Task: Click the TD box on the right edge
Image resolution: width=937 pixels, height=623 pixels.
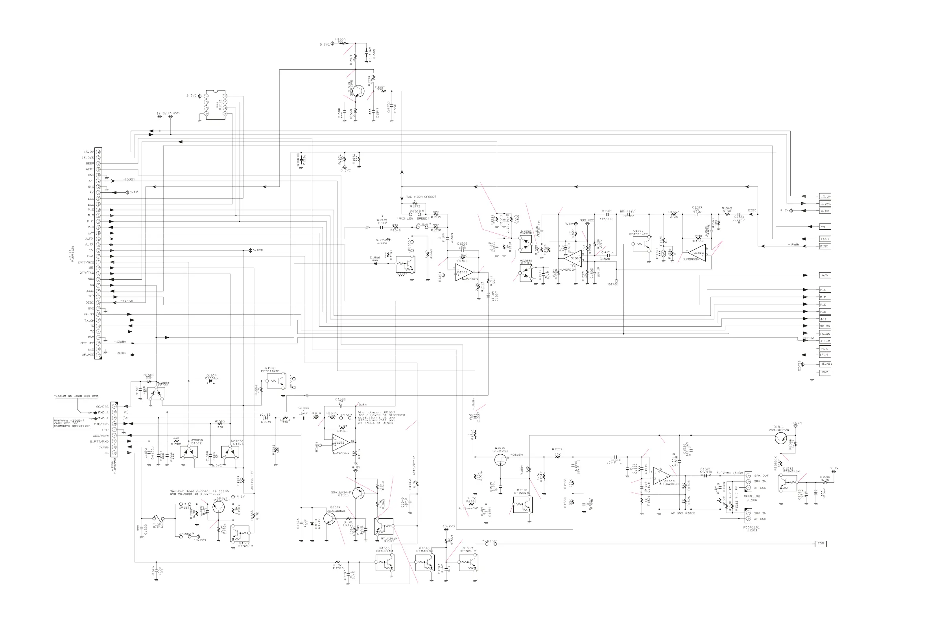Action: click(824, 227)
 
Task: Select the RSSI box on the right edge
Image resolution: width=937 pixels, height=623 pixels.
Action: click(824, 239)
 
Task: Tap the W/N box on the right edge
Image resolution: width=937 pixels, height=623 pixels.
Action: click(824, 275)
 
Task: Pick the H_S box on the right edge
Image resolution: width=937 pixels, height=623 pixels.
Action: click(824, 348)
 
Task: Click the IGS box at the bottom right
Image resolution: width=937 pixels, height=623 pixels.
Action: click(820, 544)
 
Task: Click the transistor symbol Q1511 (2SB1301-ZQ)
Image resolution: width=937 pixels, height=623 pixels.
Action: click(781, 438)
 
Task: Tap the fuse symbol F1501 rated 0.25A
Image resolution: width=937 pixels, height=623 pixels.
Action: click(159, 518)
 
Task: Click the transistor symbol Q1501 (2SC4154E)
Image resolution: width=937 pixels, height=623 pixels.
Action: click(218, 507)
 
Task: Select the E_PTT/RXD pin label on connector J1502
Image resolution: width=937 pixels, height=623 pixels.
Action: click(100, 441)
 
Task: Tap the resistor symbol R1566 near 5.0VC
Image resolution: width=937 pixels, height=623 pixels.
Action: click(344, 43)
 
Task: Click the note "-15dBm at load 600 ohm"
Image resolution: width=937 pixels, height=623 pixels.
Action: click(76, 396)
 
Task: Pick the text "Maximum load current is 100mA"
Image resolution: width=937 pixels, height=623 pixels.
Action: click(197, 491)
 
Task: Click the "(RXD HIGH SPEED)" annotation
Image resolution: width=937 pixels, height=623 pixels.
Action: click(420, 197)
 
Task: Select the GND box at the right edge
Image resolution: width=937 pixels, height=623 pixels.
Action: click(824, 373)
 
